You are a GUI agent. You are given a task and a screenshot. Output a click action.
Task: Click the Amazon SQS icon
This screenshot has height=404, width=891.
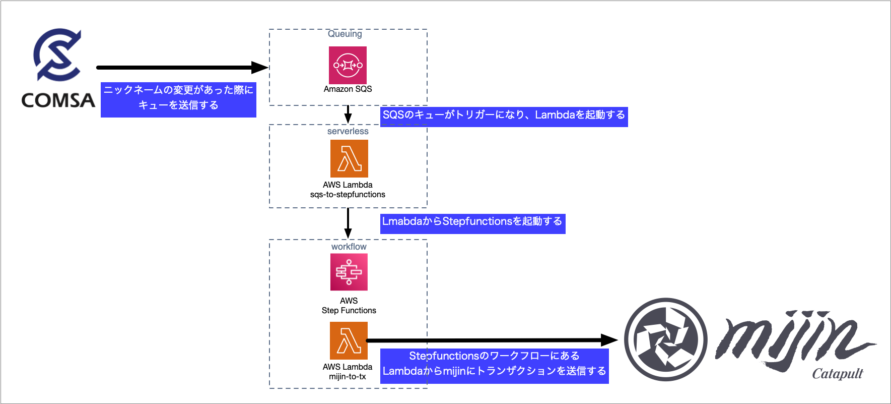348,65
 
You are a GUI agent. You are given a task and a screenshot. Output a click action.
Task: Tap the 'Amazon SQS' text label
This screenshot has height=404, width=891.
348,89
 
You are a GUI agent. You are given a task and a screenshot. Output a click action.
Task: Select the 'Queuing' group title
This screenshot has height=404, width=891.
345,34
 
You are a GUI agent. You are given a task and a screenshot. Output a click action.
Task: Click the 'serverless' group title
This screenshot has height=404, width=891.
348,131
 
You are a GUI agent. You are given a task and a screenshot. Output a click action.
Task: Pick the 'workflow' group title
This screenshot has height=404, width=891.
349,247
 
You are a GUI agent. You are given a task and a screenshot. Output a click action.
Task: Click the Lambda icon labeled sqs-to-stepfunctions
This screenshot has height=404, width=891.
349,158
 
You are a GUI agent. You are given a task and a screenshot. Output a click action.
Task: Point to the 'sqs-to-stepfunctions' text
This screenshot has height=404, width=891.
348,195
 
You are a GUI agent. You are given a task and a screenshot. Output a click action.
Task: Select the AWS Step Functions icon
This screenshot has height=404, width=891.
349,272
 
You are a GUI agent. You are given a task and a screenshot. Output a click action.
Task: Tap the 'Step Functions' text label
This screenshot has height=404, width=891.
349,311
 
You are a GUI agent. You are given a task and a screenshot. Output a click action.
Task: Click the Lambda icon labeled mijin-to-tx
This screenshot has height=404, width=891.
349,340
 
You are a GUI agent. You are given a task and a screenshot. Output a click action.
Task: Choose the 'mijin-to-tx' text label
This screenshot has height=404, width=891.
348,377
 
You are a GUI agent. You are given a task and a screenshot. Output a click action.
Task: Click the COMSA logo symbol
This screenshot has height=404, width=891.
57,54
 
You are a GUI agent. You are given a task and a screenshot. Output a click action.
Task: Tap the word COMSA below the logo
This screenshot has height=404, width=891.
58,100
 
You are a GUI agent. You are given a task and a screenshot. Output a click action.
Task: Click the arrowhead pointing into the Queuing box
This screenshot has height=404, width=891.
260,67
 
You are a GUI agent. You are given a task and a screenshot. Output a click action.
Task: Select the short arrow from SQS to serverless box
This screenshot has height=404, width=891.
348,114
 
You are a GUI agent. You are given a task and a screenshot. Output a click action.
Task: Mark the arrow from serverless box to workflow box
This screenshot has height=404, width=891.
348,223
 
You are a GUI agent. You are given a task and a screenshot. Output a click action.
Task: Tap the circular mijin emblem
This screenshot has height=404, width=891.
665,339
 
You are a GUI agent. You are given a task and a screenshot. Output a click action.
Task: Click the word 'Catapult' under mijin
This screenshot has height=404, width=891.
837,374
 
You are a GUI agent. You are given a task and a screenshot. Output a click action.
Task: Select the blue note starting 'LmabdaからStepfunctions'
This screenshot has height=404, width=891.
472,223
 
